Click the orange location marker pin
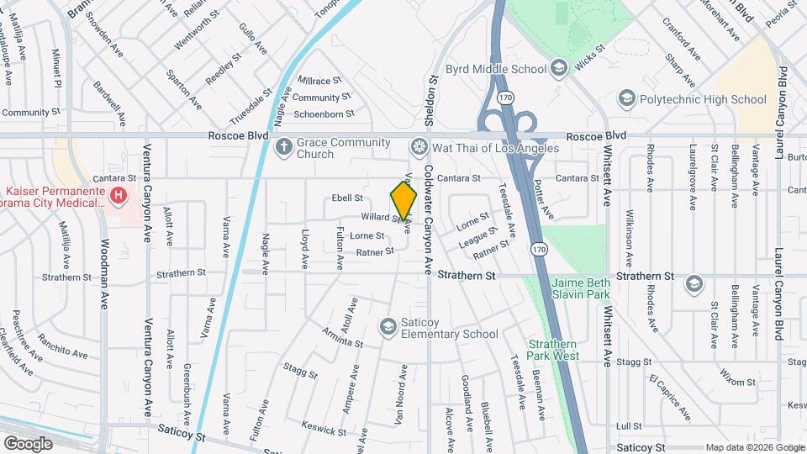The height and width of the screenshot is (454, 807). point(404,201)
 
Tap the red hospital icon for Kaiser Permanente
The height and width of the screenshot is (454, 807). point(119,196)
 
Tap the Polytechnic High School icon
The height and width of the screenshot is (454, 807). point(626,99)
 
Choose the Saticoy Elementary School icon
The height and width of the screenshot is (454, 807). point(388,326)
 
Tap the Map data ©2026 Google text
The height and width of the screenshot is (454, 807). point(753,446)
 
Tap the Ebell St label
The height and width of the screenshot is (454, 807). point(346,198)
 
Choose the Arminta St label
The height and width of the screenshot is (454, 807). point(342,337)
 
